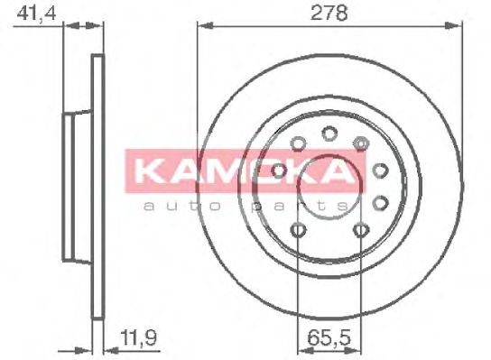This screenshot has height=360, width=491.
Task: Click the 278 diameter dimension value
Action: (329, 13)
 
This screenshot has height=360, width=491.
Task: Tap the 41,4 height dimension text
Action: (30, 13)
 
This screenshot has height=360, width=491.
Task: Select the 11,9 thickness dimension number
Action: (139, 340)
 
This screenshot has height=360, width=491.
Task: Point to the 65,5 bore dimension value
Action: (329, 340)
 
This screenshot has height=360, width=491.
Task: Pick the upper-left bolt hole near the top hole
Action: (298, 143)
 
